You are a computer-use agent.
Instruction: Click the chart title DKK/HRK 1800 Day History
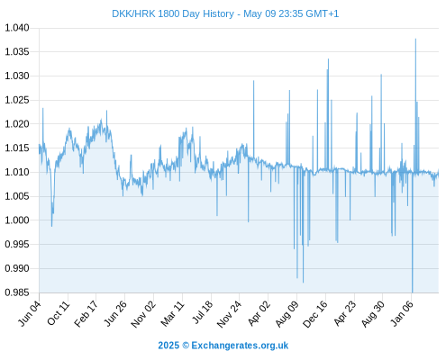173,13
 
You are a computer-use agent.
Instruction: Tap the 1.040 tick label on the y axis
17,28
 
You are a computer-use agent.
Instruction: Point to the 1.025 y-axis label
17,100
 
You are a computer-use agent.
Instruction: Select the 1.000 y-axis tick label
17,220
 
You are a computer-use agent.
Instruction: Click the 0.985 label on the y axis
17,292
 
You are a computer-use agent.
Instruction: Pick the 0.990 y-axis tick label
17,268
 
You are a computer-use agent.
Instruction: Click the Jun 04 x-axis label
29,313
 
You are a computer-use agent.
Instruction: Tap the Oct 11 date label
58,313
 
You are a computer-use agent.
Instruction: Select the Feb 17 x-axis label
86,313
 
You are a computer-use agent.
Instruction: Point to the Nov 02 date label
143,314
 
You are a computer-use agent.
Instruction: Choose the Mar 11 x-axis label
172,313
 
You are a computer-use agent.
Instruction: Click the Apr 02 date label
259,313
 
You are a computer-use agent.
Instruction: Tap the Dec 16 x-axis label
315,314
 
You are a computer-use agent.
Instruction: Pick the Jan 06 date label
402,313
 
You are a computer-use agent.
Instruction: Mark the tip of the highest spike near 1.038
415,39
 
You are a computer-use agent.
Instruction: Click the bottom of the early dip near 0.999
51,226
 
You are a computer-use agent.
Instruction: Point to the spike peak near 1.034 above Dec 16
328,59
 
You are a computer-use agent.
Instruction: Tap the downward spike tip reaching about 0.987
303,283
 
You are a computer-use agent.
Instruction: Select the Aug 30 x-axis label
373,314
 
